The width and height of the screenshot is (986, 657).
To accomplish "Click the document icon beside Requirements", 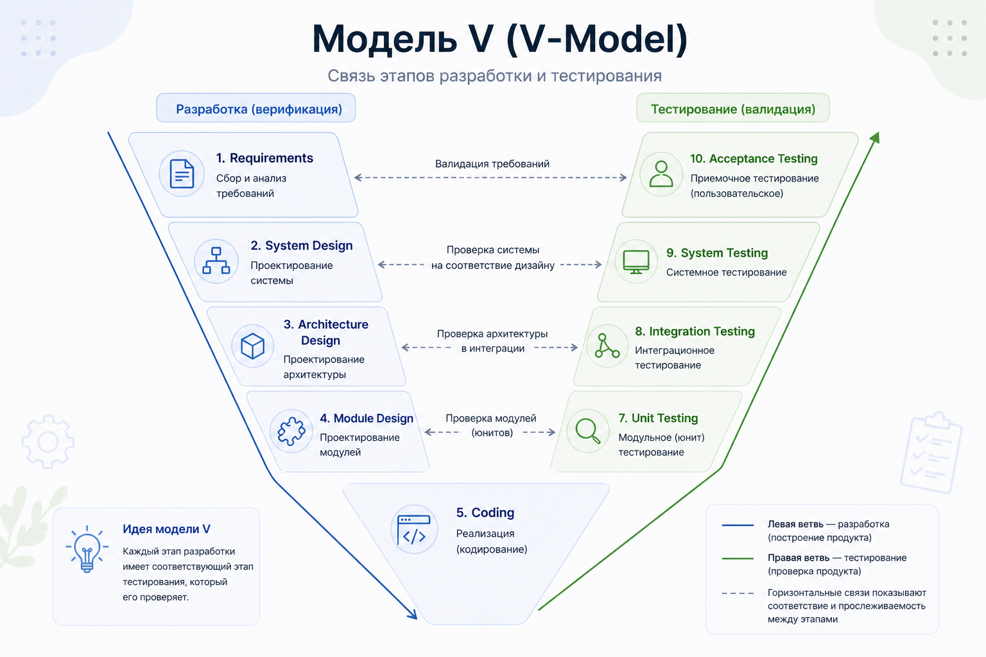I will (182, 174).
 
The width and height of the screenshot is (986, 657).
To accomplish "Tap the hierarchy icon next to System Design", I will (216, 261).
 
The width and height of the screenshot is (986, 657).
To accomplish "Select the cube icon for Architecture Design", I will (252, 346).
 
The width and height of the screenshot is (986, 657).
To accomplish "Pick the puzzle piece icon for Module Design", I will (291, 432).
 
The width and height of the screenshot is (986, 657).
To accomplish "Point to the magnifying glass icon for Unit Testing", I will (588, 431).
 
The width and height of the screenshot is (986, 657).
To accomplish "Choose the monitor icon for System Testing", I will (636, 262).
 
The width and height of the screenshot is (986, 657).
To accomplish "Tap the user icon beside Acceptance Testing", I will (661, 174).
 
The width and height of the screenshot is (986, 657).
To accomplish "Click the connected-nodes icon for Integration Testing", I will (607, 346).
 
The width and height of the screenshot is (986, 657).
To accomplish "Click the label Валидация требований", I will (492, 164).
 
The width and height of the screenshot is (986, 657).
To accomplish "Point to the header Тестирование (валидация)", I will (733, 109).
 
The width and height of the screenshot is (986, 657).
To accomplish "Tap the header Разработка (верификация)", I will (259, 109).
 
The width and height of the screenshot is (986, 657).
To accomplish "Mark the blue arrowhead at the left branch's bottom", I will (412, 614).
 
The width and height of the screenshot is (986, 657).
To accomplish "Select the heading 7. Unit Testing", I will (658, 418).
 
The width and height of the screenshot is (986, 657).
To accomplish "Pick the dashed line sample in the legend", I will (738, 593).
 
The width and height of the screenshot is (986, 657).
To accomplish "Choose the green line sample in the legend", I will (738, 559).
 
